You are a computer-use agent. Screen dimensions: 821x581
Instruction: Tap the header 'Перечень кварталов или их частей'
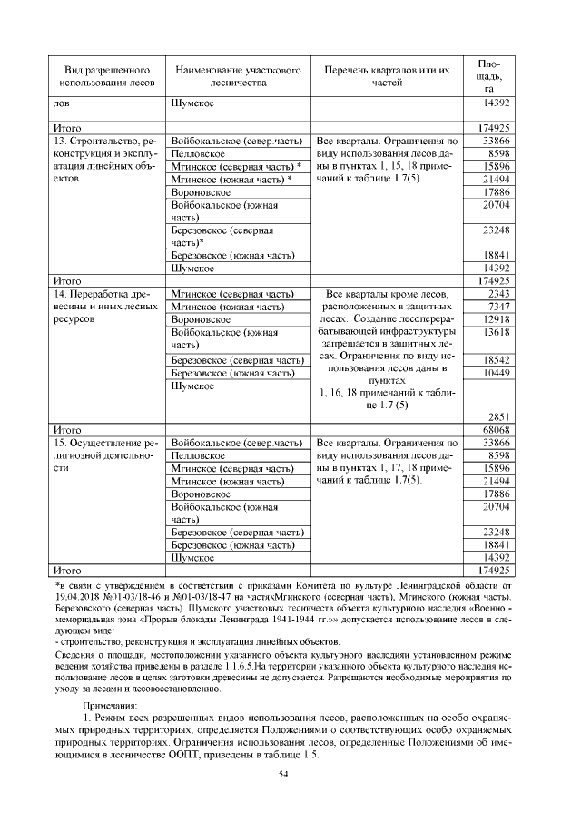click(x=386, y=76)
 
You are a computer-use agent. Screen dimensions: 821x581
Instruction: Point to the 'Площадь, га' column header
click(x=487, y=76)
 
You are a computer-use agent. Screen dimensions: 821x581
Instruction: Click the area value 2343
click(x=498, y=295)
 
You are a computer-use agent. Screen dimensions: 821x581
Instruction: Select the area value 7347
click(x=498, y=308)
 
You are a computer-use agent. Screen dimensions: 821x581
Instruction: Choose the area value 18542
click(x=497, y=360)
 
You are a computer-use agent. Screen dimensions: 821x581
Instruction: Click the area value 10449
click(x=497, y=373)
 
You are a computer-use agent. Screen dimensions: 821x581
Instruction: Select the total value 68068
click(x=497, y=429)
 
